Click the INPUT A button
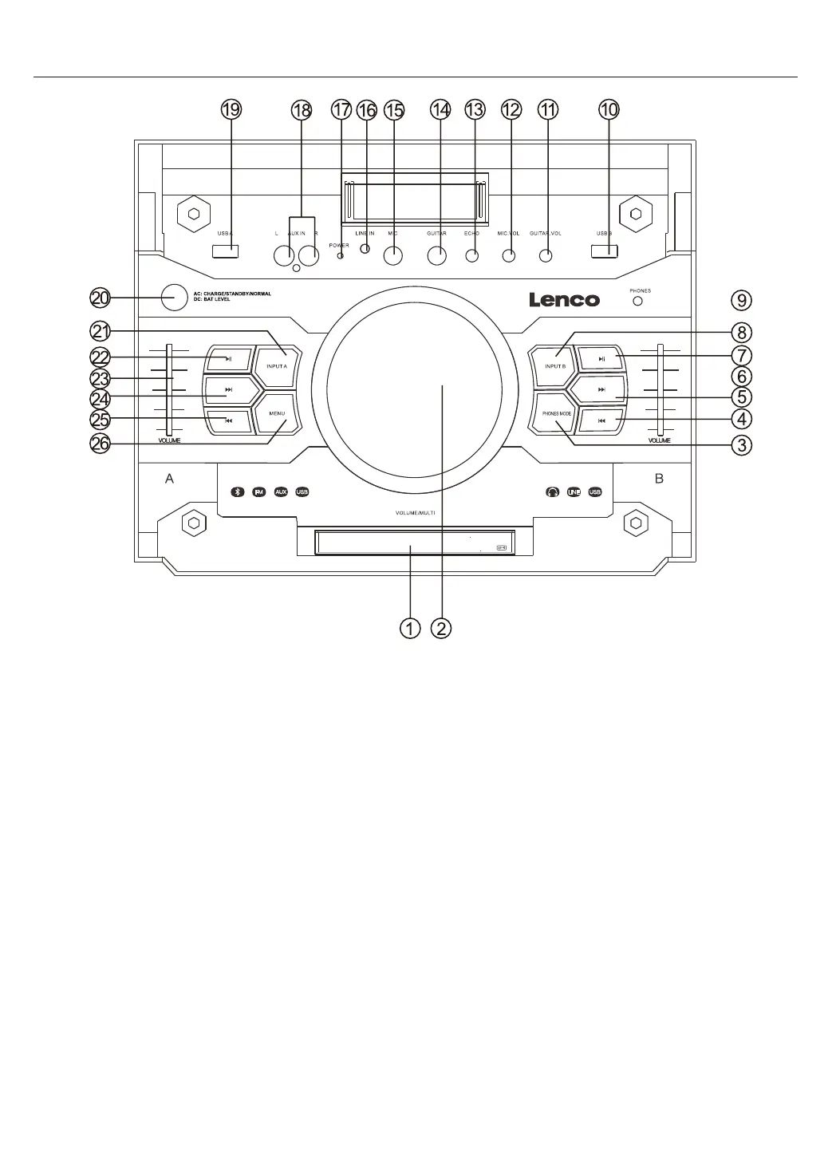tap(277, 366)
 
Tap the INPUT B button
tap(554, 366)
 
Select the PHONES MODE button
tap(556, 414)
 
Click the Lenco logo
tap(564, 300)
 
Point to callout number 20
tap(100, 298)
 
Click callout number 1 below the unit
tap(409, 629)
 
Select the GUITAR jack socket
tap(436, 256)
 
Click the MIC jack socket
tap(392, 256)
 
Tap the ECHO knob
tap(472, 256)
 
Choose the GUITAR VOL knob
tap(546, 256)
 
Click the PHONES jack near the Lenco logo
tap(638, 301)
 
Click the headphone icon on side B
tap(553, 492)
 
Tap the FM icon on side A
tap(258, 492)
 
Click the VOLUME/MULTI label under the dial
tap(415, 512)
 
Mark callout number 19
tap(231, 110)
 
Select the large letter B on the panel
tap(659, 479)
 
